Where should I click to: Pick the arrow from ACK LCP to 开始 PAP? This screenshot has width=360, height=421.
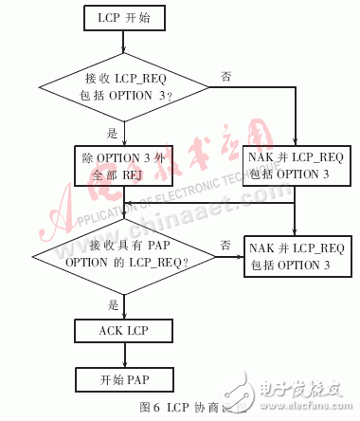[x=117, y=356]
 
